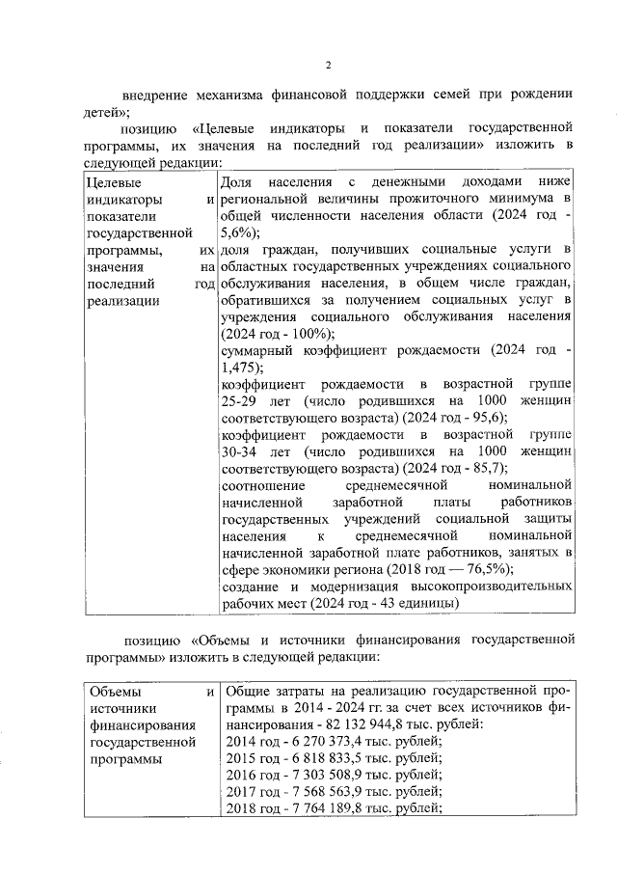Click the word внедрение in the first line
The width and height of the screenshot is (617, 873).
coord(151,95)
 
